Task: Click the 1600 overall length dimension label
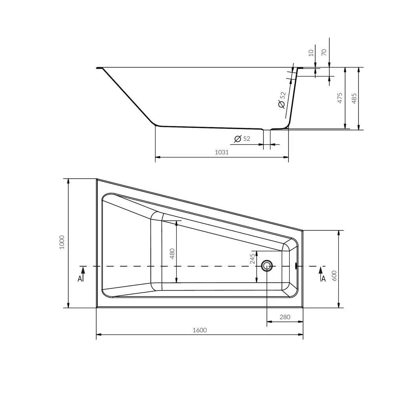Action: pos(200,330)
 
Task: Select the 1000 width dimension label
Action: pos(62,243)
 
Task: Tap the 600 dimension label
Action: pos(334,276)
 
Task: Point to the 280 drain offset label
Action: pos(285,317)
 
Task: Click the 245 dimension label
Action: pos(252,259)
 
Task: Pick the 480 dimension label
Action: pos(172,254)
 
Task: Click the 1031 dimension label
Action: pos(222,152)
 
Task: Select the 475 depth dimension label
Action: pos(340,98)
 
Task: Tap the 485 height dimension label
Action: pos(354,98)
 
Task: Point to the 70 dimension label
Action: pos(324,52)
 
